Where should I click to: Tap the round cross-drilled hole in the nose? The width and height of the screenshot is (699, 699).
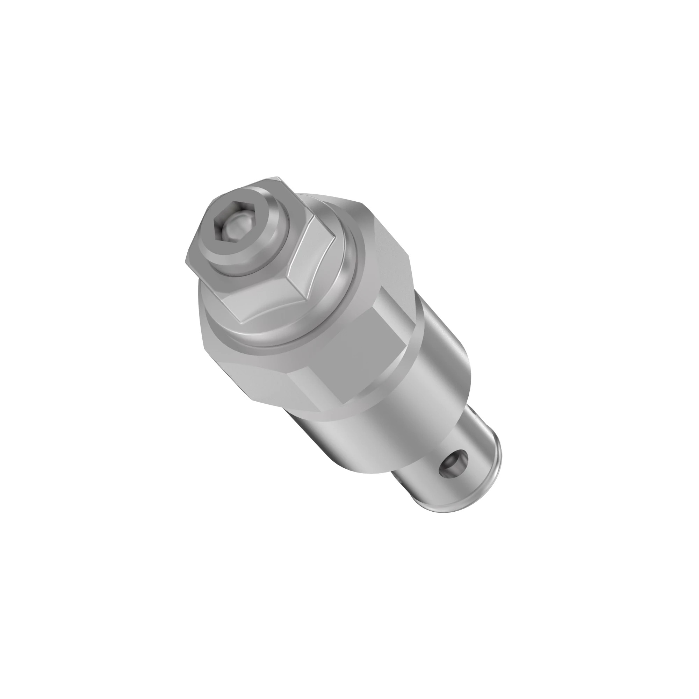point(453,467)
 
